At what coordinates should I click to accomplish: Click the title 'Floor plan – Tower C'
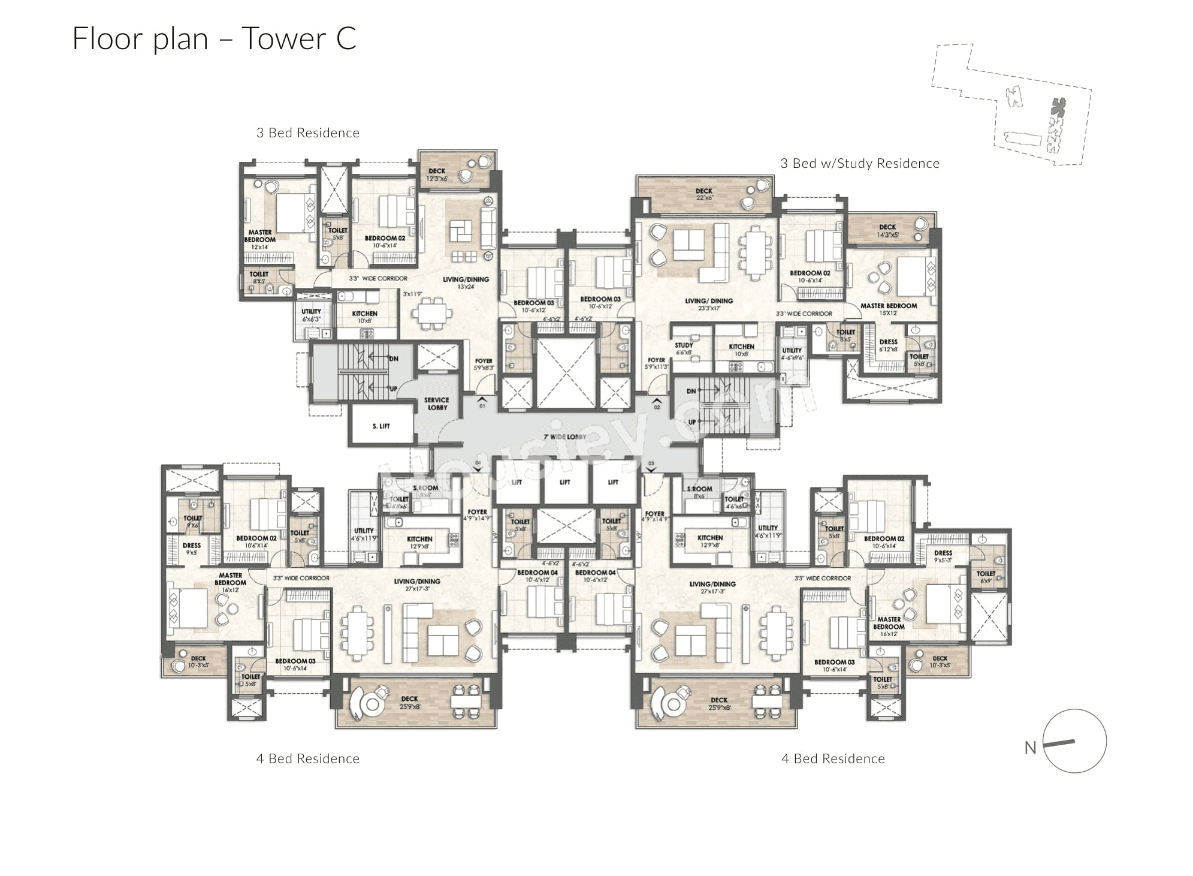214,39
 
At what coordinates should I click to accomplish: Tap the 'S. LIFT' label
380,426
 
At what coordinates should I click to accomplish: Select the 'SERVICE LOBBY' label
436,404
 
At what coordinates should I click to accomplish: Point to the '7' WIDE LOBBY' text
564,437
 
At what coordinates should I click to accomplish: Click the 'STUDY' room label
684,348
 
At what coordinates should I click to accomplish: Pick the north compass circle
1074,741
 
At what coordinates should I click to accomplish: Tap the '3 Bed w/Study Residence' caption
859,164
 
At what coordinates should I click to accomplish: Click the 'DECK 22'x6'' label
704,194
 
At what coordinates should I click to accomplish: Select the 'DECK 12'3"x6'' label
437,174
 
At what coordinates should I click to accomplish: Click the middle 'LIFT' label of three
564,482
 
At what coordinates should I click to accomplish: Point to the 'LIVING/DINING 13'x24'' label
466,282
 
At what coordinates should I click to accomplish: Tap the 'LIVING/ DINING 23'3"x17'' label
709,304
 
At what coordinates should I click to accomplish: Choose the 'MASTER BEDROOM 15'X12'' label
888,309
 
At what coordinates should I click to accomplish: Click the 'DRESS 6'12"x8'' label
888,345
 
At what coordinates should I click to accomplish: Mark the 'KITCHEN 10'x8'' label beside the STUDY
741,350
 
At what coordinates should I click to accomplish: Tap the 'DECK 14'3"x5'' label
887,230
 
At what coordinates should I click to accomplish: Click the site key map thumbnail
1011,105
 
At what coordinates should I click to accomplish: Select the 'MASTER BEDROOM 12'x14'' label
259,239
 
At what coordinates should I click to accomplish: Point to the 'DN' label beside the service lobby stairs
393,359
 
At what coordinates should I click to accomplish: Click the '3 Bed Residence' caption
307,133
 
